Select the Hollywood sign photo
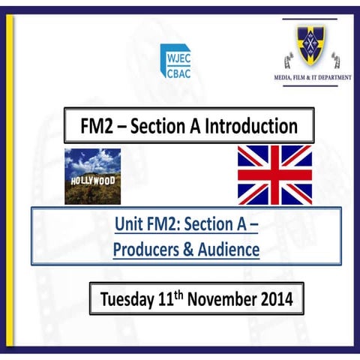(92, 176)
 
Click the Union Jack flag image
(274, 175)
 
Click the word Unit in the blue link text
(129, 224)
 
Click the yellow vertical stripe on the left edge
(10, 180)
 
